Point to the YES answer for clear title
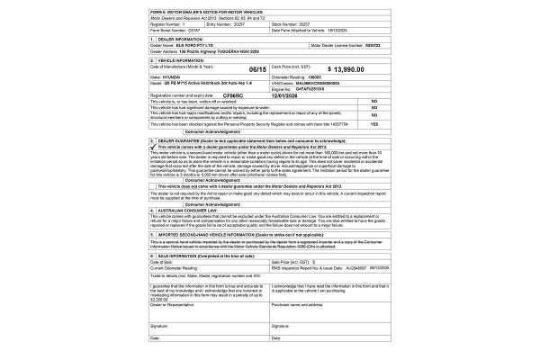(x=373, y=123)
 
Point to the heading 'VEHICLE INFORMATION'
(x=179, y=59)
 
